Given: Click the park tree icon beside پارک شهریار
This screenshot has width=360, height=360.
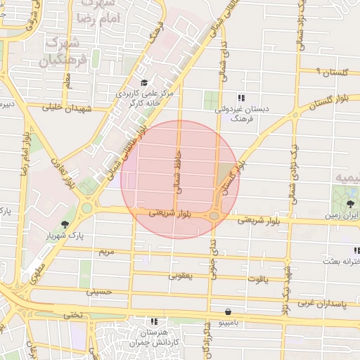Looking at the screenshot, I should coord(65,224).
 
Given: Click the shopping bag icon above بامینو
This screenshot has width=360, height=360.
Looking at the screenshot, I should coord(229,311).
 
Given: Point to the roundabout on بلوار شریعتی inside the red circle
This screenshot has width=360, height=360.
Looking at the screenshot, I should coord(213,217).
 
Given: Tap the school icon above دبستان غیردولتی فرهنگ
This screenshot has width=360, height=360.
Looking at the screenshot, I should coord(242,98).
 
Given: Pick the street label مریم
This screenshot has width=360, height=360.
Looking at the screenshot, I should coord(106,251).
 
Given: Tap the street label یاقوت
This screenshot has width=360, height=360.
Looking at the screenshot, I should coord(257,279).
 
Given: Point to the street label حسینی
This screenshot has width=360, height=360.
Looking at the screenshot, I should coord(98,291).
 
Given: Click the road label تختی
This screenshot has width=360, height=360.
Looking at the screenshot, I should coord(74,314).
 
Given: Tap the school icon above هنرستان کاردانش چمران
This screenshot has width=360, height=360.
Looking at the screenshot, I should coord(153,321).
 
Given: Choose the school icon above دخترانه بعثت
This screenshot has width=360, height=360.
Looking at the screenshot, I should coord(356,251).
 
